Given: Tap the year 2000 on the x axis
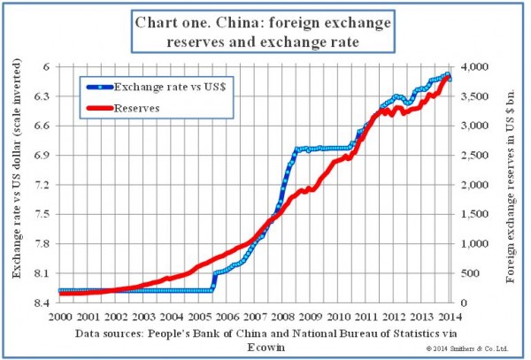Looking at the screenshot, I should (60, 317).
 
